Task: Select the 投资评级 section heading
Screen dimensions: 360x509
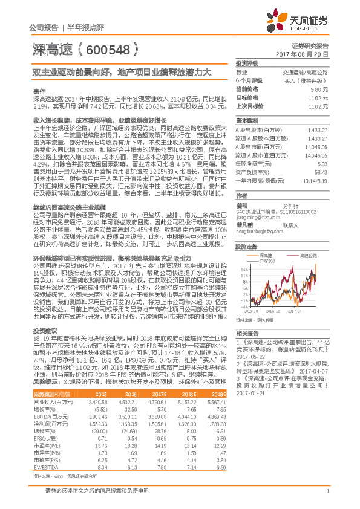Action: (x=246, y=63)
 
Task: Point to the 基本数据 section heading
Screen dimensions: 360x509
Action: (x=246, y=120)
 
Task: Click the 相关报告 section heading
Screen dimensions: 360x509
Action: (x=246, y=334)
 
